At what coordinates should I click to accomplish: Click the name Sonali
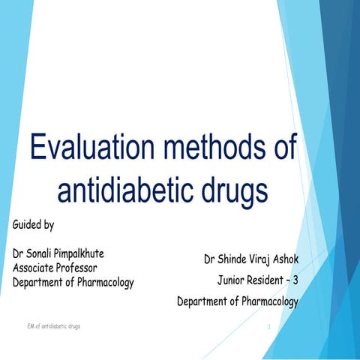45,253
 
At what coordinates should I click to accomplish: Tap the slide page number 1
268,328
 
